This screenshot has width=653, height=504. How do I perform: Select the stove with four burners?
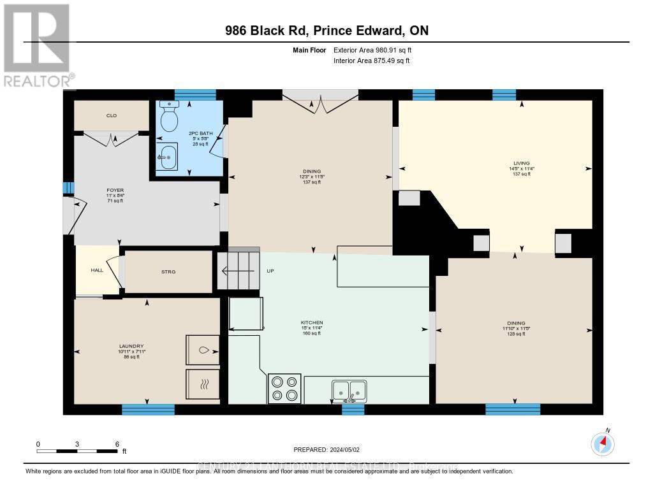tap(284, 388)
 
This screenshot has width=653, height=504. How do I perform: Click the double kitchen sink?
tap(349, 389)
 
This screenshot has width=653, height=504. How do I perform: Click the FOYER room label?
tap(115, 190)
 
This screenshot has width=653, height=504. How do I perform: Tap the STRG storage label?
tap(168, 271)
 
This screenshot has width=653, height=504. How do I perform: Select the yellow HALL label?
tap(97, 270)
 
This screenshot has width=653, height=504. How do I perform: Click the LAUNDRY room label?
tap(131, 346)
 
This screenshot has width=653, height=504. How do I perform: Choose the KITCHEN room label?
tap(312, 323)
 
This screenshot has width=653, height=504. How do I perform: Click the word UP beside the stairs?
tap(270, 271)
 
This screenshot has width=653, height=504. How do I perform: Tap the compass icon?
tap(602, 443)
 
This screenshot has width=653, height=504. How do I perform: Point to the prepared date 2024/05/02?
tap(326, 450)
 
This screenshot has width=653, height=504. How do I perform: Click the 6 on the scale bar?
tap(117, 443)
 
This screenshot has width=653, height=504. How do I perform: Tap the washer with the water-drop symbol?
tap(202, 350)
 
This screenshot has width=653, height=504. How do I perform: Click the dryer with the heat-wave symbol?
tap(202, 384)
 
